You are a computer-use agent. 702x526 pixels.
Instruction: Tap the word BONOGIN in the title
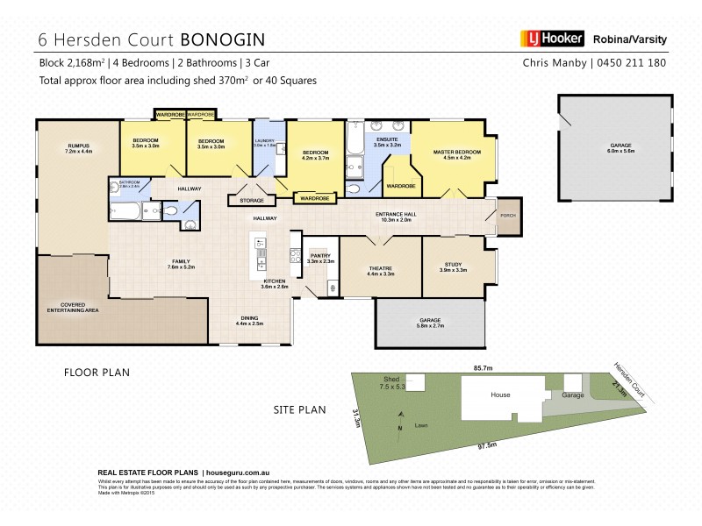point(222,39)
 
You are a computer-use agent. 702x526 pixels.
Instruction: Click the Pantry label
point(320,258)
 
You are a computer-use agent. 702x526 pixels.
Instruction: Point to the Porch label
point(507,215)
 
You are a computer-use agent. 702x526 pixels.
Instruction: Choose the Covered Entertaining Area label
point(67,308)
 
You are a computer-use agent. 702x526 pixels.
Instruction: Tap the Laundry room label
point(264,143)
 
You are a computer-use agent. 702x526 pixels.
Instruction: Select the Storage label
point(252,201)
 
